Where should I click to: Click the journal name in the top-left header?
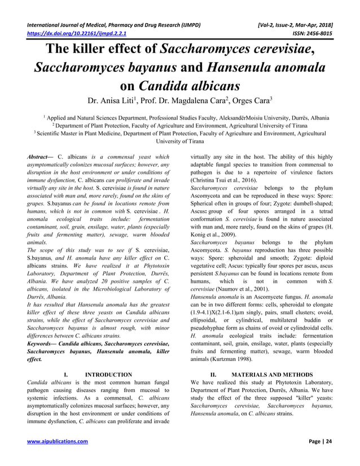coord(113,25)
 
